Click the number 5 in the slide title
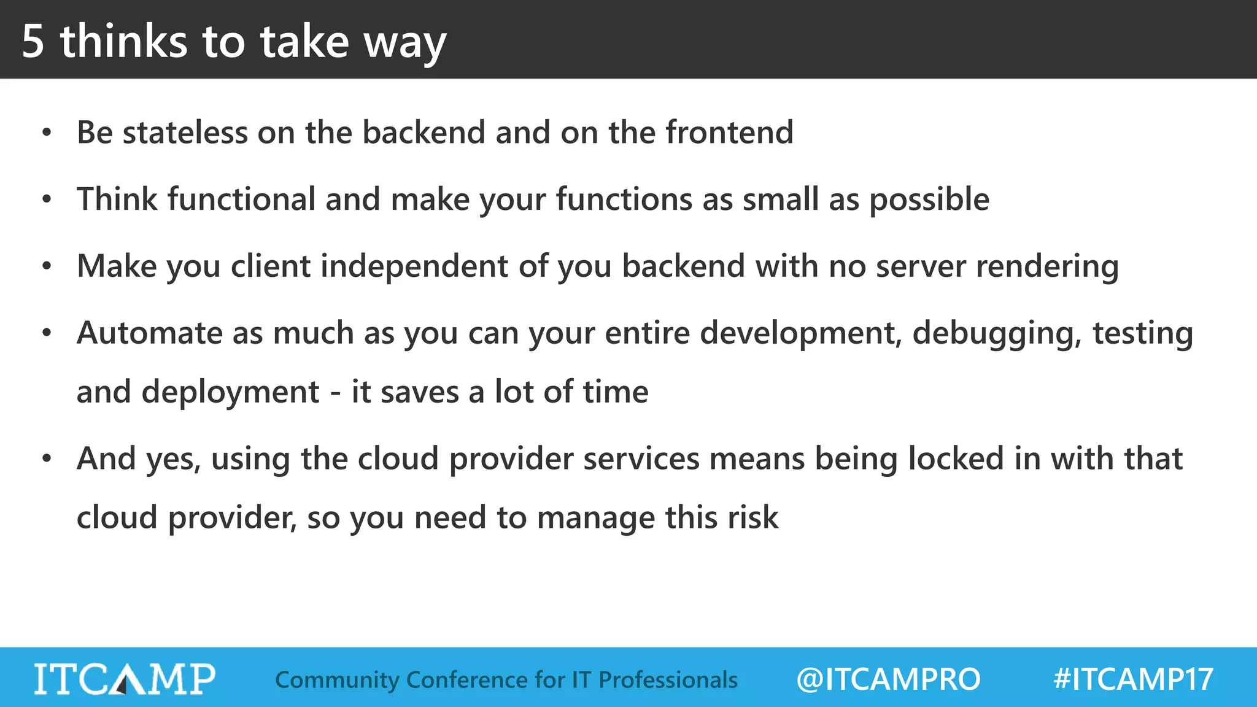point(33,42)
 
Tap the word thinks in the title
point(123,42)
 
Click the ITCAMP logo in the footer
point(125,679)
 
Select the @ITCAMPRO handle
point(888,679)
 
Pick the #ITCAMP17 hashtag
point(1133,679)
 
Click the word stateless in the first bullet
point(185,133)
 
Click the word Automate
point(149,333)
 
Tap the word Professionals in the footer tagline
point(668,680)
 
